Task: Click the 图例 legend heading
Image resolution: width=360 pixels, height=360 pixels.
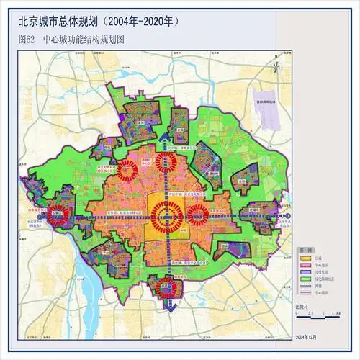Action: (x=305, y=249)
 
